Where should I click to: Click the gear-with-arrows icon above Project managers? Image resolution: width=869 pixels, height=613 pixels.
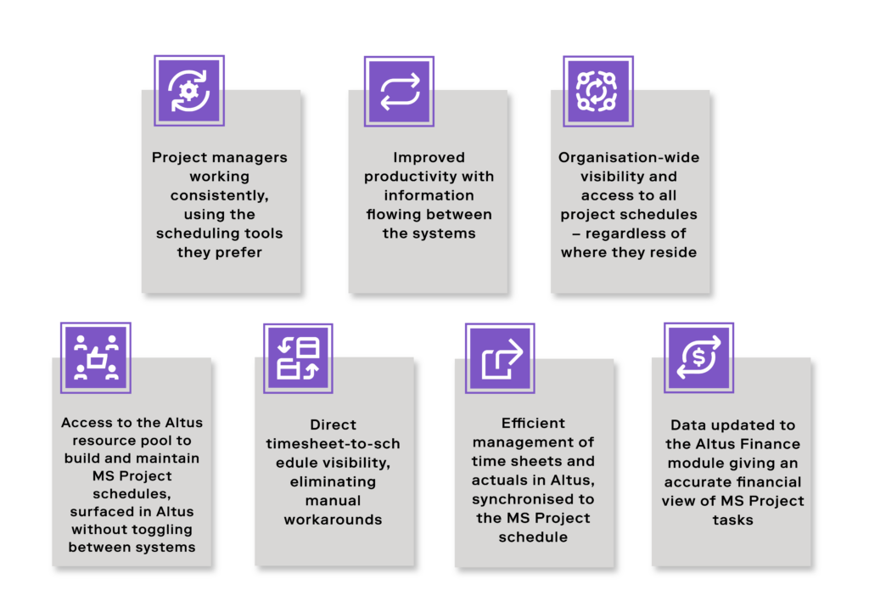[189, 90]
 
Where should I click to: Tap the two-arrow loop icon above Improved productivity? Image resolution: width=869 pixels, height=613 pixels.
[399, 92]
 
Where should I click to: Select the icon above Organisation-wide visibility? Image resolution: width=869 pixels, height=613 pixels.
[598, 91]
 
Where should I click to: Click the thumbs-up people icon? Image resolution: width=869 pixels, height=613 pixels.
[96, 357]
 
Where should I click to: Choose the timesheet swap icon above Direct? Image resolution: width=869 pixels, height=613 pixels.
[298, 358]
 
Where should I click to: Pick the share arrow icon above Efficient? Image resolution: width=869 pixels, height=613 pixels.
[500, 358]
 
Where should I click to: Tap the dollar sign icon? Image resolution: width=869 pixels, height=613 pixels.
[699, 357]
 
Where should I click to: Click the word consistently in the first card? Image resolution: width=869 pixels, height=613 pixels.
[220, 195]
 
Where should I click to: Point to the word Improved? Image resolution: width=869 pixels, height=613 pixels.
[429, 158]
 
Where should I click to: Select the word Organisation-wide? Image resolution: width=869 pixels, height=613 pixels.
[629, 158]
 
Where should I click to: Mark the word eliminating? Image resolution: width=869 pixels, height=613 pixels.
[333, 482]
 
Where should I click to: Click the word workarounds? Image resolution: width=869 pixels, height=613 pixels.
[333, 520]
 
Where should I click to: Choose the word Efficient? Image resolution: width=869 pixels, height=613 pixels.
[533, 424]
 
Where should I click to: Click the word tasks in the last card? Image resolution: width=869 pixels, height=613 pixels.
[732, 520]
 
